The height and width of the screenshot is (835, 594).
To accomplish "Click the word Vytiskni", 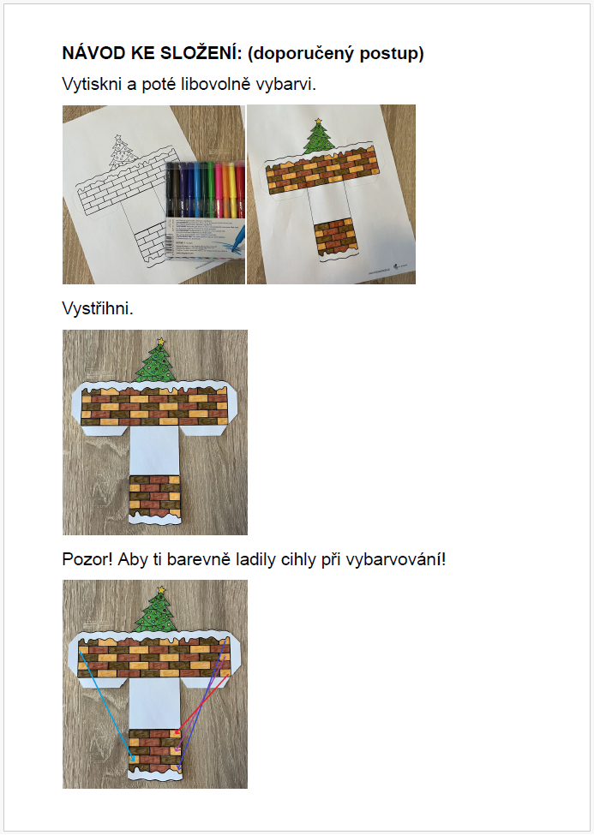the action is (x=92, y=84).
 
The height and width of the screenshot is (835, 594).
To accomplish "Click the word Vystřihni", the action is (x=98, y=308).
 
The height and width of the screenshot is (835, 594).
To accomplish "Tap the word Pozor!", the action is (x=87, y=560).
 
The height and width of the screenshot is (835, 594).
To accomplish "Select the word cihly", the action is (x=298, y=560).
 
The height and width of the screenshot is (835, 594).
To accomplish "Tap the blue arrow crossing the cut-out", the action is (x=106, y=705).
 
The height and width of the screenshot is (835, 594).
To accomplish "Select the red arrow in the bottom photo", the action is (x=201, y=705).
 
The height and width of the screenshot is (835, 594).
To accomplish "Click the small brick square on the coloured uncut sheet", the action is (x=335, y=238).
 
